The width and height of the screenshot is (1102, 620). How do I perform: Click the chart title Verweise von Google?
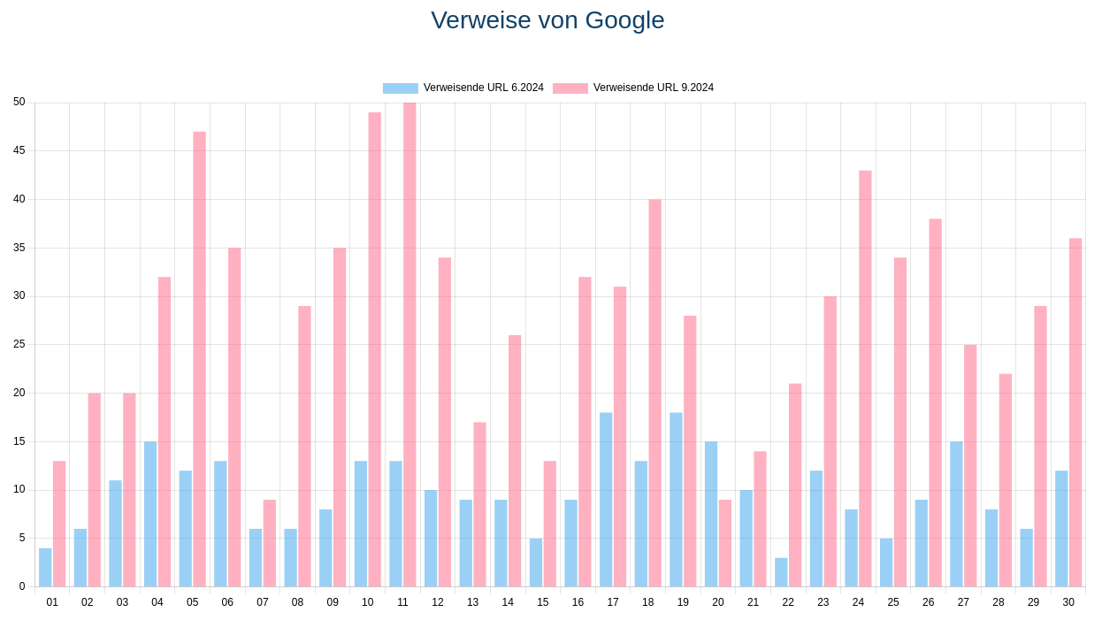coord(547,20)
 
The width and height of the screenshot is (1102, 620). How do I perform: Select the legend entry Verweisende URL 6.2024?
coord(463,88)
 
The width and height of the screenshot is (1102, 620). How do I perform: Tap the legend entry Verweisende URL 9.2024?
coord(633,88)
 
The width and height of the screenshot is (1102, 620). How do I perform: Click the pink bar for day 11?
coord(409,345)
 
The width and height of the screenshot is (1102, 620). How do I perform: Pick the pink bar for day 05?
coord(199,359)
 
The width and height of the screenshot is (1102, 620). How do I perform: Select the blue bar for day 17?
coord(606,500)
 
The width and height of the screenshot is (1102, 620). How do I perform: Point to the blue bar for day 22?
coord(781,572)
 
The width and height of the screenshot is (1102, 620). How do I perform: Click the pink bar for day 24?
coord(865,379)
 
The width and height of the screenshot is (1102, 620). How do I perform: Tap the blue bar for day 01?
coord(45,568)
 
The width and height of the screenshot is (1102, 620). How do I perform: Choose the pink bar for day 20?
coord(725,543)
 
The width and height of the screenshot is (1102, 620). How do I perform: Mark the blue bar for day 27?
coord(956,514)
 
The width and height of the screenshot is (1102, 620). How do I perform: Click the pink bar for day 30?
coord(1075,412)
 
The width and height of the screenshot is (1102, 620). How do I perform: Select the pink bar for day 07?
coord(270,543)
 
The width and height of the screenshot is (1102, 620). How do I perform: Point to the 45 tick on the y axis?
coord(19,150)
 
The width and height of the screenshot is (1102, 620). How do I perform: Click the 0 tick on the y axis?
coord(22,586)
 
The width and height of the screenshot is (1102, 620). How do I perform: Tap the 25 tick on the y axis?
coord(19,344)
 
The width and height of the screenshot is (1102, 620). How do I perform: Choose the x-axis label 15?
coord(543,602)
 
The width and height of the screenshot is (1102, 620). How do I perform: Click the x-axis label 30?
coord(1068,602)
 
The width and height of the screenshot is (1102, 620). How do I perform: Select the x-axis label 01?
coord(52,602)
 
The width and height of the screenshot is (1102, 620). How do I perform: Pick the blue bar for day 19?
coord(676,500)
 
